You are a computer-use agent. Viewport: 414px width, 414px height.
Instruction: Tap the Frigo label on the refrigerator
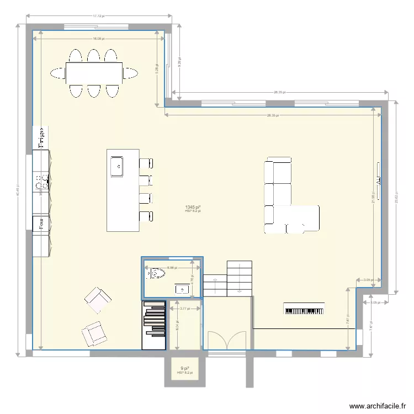tap(41, 137)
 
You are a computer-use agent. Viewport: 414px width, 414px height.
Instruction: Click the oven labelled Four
tap(41, 223)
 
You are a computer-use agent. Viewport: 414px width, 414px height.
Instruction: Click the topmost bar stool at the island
tap(146, 163)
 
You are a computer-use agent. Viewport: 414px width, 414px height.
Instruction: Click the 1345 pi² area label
tap(193, 207)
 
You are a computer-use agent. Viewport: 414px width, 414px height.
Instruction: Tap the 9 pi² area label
tap(184, 369)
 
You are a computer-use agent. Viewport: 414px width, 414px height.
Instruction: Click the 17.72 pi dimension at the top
tap(98, 16)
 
